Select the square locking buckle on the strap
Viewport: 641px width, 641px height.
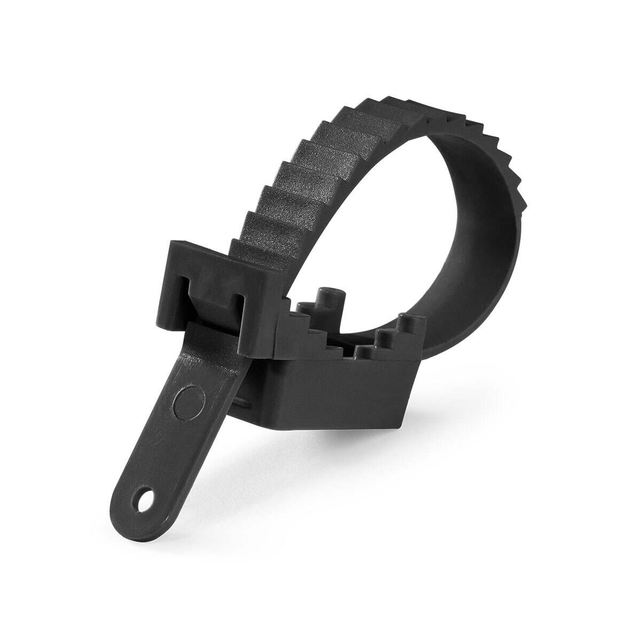[205, 291]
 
